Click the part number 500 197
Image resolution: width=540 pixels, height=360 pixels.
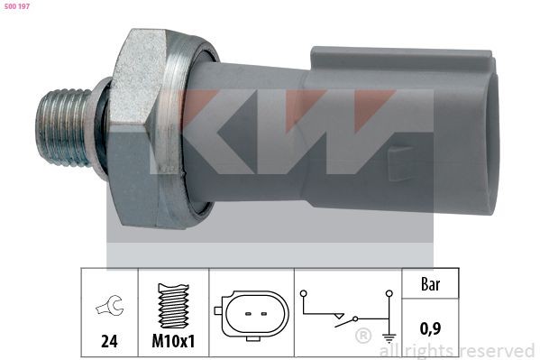(x=17, y=6)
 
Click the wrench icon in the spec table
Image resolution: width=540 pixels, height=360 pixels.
(x=108, y=309)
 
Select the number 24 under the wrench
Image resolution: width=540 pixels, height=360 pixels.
(x=108, y=343)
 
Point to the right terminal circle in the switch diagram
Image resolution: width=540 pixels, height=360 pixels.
(x=389, y=292)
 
